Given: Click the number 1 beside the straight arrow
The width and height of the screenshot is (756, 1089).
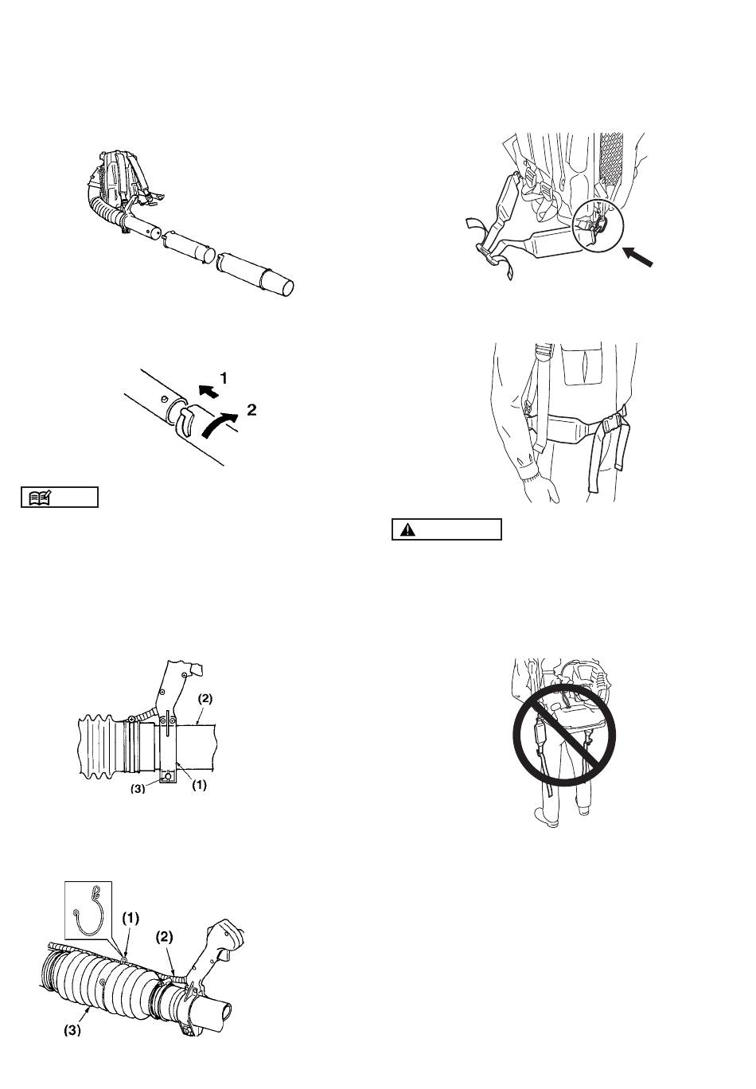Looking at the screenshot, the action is click(x=224, y=378).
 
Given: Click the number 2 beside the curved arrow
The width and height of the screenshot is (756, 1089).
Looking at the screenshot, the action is click(x=251, y=410).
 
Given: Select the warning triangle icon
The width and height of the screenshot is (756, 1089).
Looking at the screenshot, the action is click(x=407, y=530).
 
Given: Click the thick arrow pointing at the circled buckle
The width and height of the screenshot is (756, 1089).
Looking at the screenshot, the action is click(x=637, y=256).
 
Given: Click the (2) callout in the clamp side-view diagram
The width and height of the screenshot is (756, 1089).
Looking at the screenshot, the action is click(x=205, y=699).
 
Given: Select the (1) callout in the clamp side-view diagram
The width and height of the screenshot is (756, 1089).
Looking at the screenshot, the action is click(x=199, y=785).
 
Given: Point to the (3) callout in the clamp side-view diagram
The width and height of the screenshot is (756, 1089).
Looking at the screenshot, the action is click(x=138, y=788).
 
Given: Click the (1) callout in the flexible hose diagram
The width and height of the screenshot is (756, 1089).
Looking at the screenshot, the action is click(x=131, y=918).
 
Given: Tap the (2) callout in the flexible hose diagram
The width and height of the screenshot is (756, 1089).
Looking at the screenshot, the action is click(x=164, y=936).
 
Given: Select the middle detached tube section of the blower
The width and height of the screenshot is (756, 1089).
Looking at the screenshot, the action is click(x=188, y=247).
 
